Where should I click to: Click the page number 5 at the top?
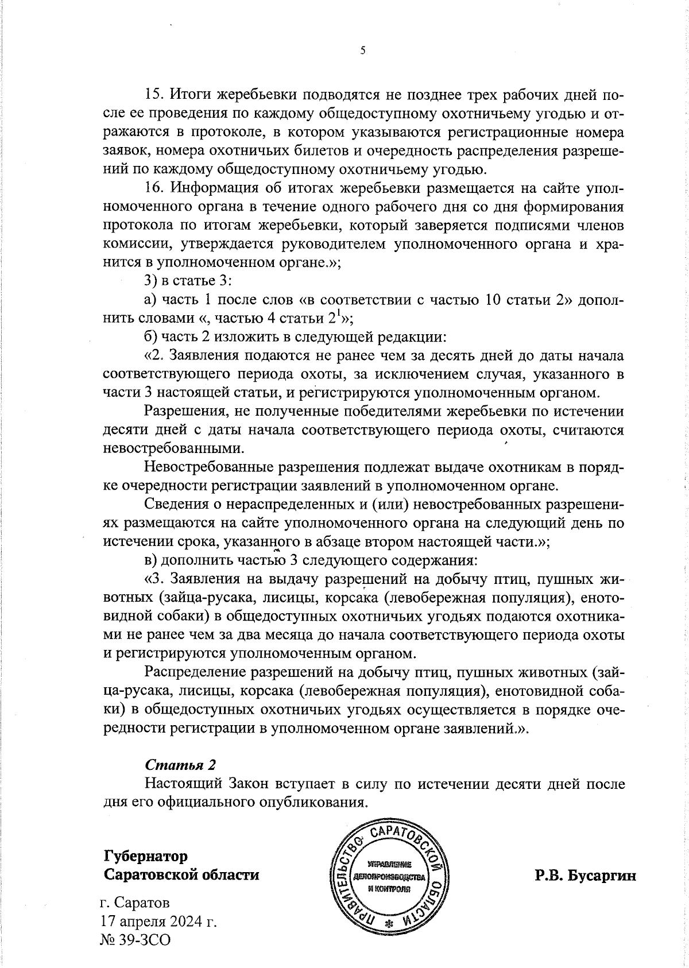[362, 51]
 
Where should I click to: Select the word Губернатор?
[146, 856]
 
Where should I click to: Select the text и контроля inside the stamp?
[389, 888]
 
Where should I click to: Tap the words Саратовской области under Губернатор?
[181, 875]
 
